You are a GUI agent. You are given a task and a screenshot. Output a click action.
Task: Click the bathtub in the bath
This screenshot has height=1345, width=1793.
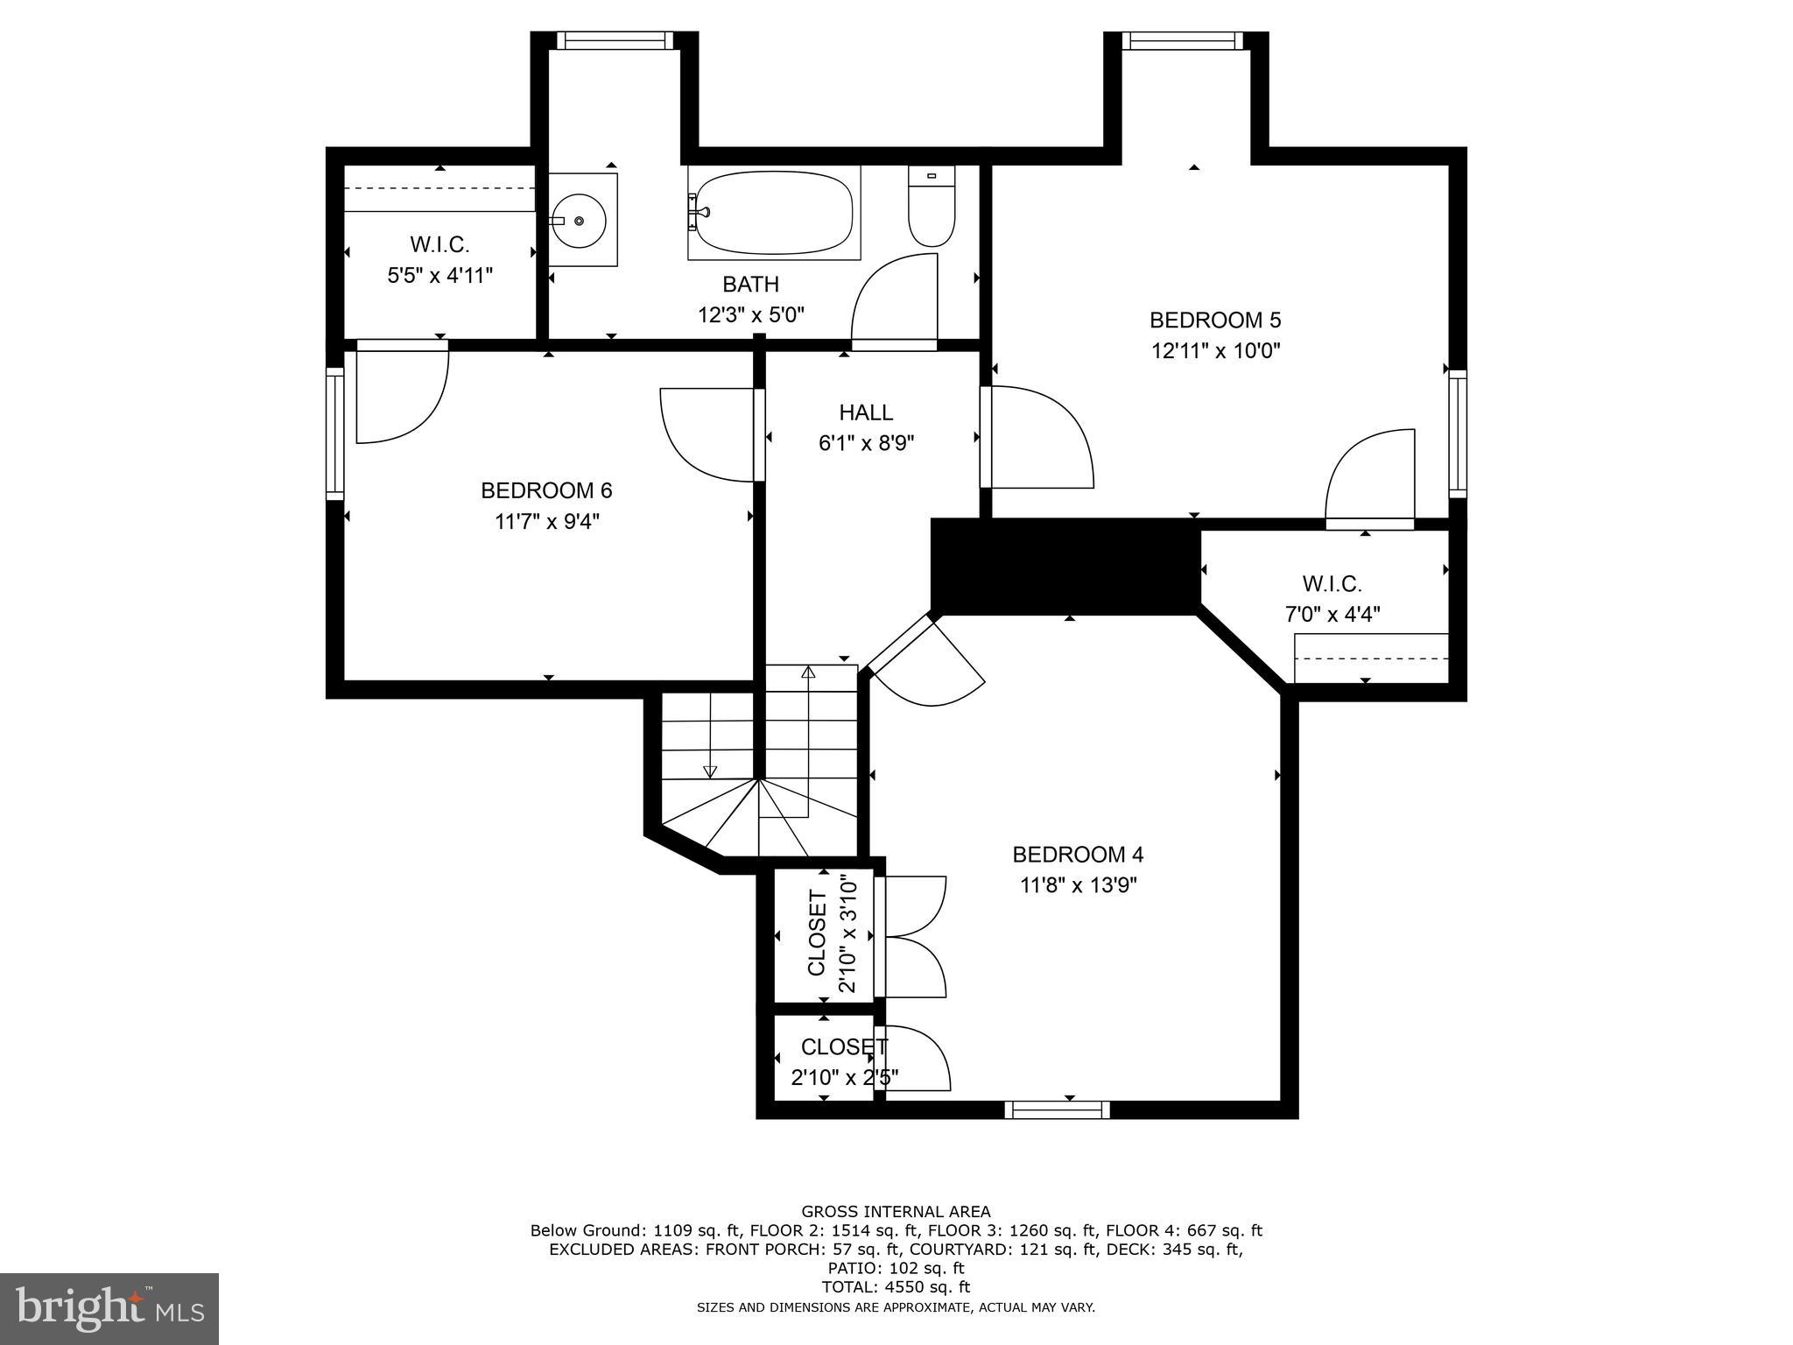coord(774,212)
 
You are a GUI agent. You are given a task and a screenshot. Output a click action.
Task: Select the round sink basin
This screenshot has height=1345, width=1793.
coord(578,221)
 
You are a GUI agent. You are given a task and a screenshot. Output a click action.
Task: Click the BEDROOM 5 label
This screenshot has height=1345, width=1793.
coord(1215,320)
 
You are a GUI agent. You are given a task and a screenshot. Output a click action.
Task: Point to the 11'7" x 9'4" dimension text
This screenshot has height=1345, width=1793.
coord(547,522)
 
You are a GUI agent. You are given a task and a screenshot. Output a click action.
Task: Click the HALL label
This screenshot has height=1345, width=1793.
coord(866,412)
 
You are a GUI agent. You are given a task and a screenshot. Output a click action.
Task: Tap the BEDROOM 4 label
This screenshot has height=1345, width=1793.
coord(1078,854)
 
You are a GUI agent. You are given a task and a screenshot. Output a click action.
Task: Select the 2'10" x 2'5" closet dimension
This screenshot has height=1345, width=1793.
coord(845,1077)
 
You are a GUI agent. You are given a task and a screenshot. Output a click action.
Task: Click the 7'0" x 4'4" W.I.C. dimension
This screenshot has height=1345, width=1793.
coord(1332,615)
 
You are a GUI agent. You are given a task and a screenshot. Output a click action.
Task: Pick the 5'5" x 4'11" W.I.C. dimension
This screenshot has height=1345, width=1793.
coord(440,276)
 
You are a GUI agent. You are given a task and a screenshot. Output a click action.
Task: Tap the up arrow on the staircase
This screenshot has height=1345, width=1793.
coord(808,672)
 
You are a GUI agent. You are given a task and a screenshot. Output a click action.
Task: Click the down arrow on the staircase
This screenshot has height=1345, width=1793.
coord(710,771)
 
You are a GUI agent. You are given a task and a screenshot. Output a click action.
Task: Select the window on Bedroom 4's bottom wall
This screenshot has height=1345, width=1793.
coord(1057,1109)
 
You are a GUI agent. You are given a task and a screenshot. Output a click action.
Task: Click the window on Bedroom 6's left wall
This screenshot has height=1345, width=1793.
coord(334,433)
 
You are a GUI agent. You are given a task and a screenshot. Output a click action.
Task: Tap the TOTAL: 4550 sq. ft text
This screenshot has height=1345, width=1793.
coord(896,1287)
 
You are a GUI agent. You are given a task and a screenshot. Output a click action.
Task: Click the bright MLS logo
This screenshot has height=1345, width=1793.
coord(109,1308)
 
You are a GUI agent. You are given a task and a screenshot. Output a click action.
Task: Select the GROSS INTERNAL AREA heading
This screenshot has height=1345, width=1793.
coord(896,1212)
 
